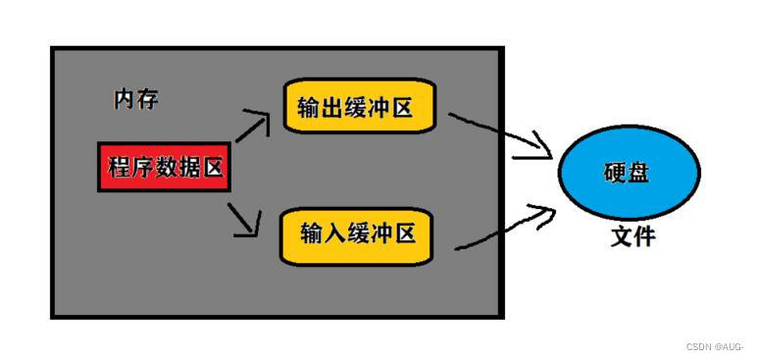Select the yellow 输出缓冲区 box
point(359,109)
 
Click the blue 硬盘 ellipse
point(629,175)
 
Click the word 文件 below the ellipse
point(632,236)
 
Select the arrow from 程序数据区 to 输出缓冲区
point(249,126)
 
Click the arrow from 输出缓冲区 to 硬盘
point(500,134)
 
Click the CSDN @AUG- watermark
point(715,346)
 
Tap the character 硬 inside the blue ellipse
point(616,175)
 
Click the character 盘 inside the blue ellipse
point(641,175)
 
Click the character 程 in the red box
point(119,168)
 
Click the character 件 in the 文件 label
point(644,236)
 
